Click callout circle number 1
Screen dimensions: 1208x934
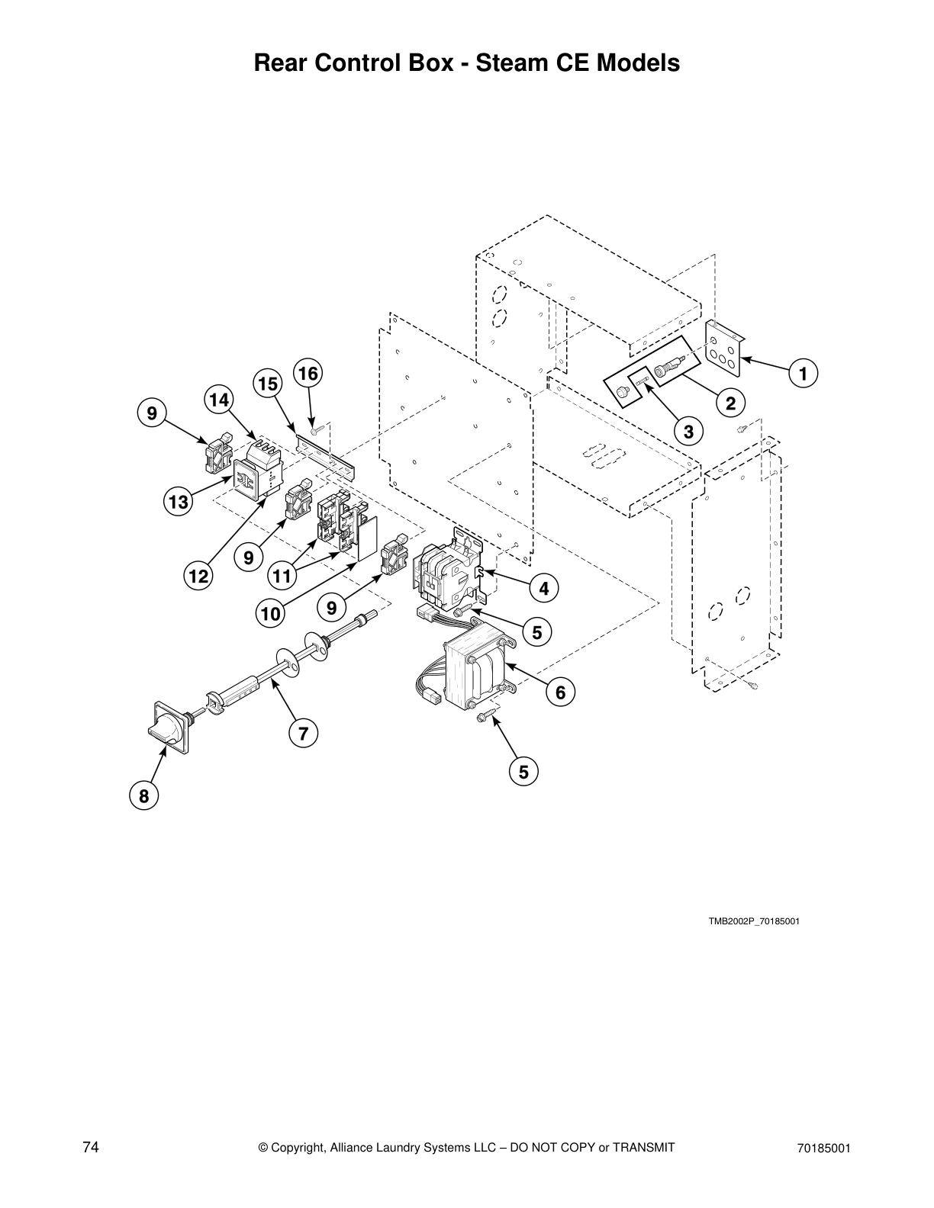tap(802, 374)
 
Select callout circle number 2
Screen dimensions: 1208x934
tap(730, 403)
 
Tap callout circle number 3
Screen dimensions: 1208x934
tap(688, 432)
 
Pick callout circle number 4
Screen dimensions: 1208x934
tap(543, 588)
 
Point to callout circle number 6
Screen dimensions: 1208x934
tap(560, 692)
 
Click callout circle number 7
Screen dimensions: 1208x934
tap(303, 734)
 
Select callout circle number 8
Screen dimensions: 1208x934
tap(143, 796)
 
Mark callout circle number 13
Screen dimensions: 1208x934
tap(178, 502)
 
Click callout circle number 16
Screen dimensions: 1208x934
tap(308, 374)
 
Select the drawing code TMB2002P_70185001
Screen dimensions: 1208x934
tap(753, 921)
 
